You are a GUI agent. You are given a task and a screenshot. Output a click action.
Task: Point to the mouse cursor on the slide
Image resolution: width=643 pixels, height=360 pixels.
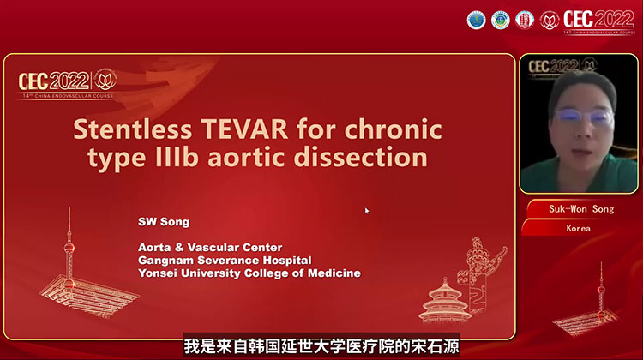(367, 210)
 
